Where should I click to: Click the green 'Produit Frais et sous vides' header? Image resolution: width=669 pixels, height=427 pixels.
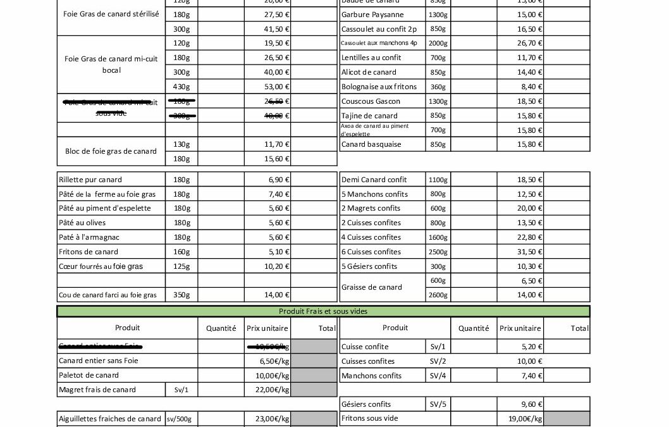click(x=323, y=311)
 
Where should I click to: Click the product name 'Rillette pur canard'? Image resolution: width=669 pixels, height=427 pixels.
click(x=90, y=180)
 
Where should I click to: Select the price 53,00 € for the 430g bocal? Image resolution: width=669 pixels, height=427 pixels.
click(x=276, y=87)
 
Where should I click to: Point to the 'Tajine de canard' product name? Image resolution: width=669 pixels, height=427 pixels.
click(x=369, y=116)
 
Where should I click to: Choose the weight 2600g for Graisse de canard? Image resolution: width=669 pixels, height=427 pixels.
click(x=438, y=295)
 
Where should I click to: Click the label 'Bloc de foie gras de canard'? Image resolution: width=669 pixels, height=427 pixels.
click(x=111, y=151)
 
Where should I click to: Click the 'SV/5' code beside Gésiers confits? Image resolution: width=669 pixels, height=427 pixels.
click(x=438, y=404)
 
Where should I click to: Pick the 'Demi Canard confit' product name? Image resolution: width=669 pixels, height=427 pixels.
click(x=374, y=180)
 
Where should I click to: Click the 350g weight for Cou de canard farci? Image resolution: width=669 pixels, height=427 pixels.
click(x=181, y=295)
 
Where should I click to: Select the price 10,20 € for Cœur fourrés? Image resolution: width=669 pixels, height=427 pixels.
click(x=276, y=266)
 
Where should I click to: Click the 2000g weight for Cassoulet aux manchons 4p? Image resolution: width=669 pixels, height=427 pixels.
click(x=438, y=43)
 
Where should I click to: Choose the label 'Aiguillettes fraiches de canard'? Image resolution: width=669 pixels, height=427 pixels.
click(x=110, y=419)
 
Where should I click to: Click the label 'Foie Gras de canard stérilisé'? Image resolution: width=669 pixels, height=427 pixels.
click(x=111, y=14)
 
